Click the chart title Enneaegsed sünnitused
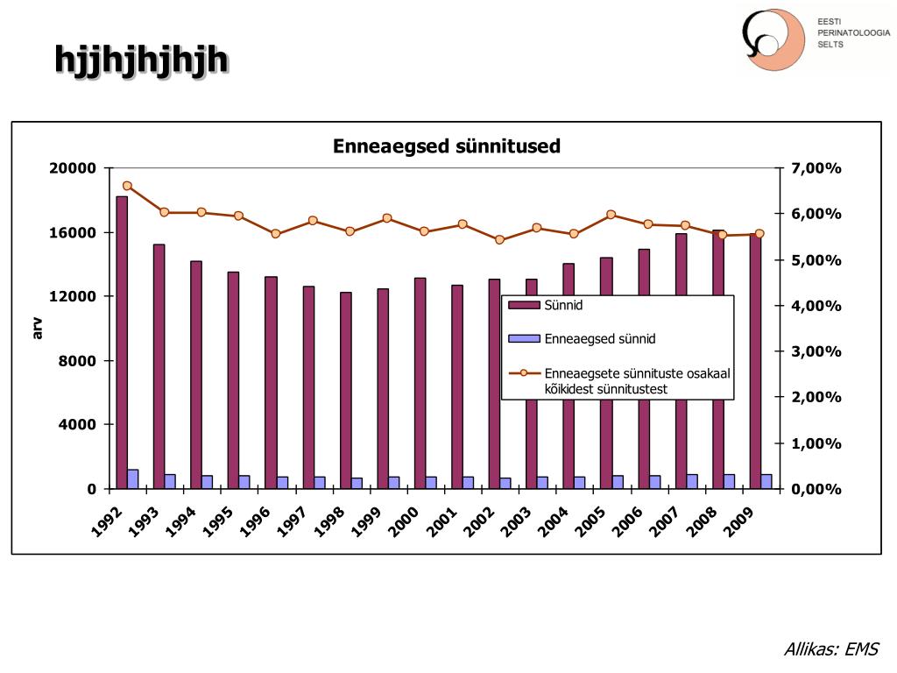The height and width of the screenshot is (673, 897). point(446,146)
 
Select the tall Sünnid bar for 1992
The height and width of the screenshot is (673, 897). point(122,342)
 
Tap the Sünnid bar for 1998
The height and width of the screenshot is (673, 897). point(346,390)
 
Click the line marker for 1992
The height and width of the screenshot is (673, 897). point(127,186)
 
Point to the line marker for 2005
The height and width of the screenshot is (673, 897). point(611,215)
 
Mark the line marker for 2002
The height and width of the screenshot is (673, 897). point(499,239)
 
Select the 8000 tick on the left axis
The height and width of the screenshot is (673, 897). point(77,360)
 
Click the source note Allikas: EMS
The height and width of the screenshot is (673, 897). point(830,649)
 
